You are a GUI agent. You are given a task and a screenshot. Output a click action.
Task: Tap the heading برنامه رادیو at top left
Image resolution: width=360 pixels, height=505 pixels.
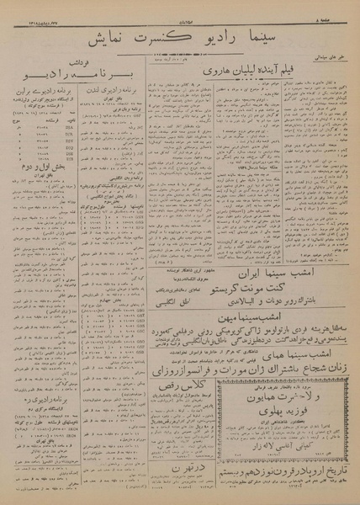(x=50, y=81)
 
